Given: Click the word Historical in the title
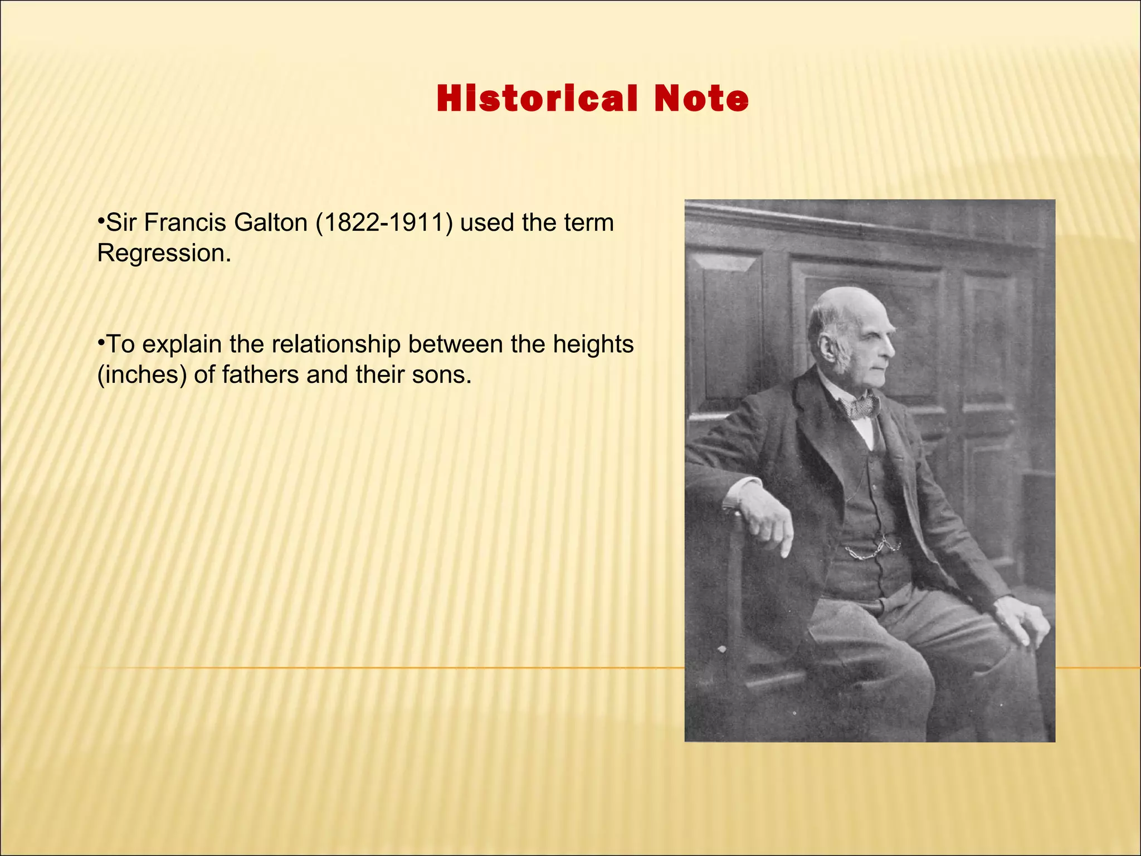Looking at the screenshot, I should pos(536,99).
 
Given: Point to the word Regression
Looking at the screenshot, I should pos(164,254).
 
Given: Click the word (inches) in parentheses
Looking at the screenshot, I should pos(142,375).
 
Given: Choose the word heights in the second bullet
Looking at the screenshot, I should pos(593,344).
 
